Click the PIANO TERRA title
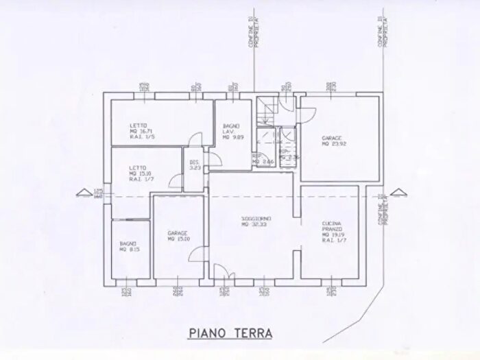point(230,333)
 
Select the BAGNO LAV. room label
point(230,128)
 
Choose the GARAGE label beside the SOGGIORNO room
point(178,233)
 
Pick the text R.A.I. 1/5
point(140,137)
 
